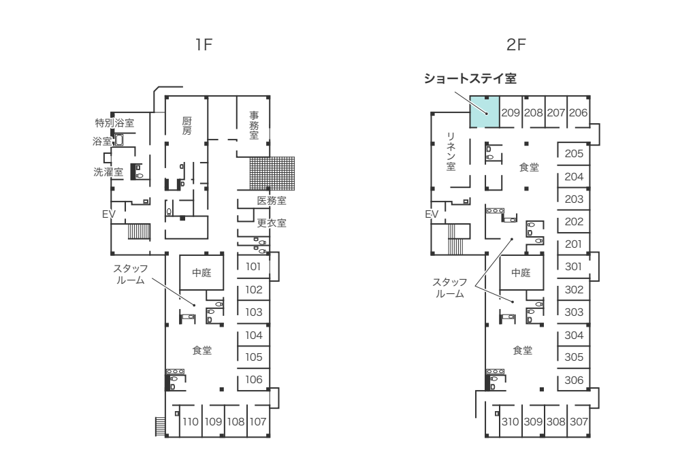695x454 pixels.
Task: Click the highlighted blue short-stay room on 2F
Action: [485, 112]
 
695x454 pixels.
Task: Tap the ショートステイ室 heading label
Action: [469, 78]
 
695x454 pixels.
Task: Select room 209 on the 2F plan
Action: [511, 113]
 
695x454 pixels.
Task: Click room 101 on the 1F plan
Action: [254, 267]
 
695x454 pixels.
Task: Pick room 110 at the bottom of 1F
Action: [191, 421]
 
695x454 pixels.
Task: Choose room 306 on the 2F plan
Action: [574, 379]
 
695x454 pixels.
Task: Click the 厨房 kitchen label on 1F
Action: [187, 125]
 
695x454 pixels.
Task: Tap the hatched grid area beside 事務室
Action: [270, 173]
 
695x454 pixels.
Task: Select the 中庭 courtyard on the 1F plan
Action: [201, 273]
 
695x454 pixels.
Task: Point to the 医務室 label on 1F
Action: [272, 201]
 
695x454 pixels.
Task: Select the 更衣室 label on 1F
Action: [272, 223]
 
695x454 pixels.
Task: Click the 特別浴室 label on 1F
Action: [114, 123]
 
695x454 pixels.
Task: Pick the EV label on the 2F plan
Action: [431, 214]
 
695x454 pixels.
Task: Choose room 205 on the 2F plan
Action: [574, 153]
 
